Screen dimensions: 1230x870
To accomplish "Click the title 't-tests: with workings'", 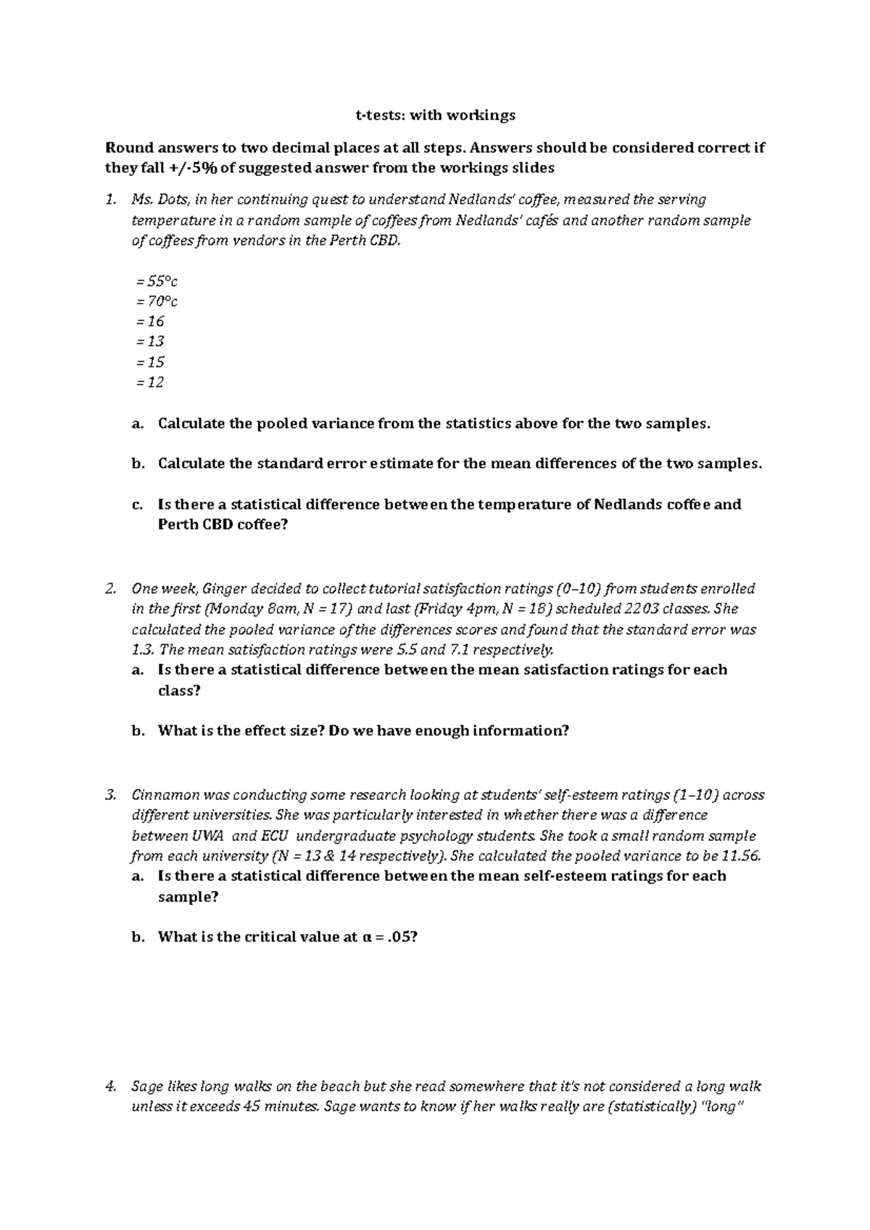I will (x=435, y=115).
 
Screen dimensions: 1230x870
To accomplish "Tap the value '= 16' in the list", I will (x=150, y=321).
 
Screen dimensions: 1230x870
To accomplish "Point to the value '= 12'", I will (x=150, y=382).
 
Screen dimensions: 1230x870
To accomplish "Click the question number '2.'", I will (x=111, y=588).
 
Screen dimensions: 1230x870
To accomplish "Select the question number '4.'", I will (x=111, y=1087).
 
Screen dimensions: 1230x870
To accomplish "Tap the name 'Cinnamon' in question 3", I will (x=160, y=795).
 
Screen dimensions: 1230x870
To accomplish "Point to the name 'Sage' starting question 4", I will (x=146, y=1087).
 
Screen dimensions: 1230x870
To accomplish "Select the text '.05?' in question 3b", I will (x=402, y=937).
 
